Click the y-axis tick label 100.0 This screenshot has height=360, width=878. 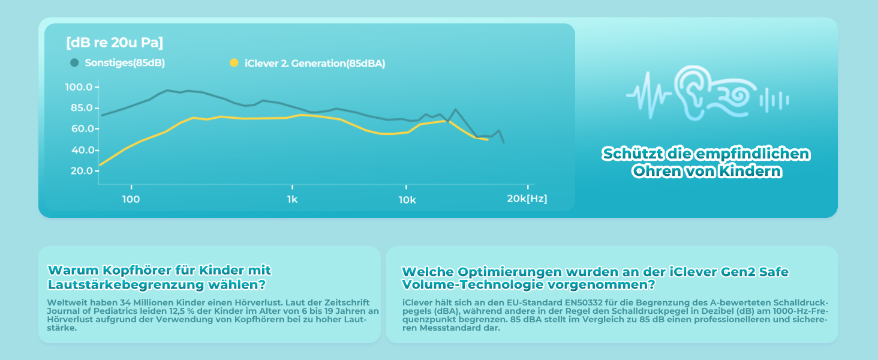tap(79, 88)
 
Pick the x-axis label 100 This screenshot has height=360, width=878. tap(131, 199)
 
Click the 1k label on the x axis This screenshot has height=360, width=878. tap(292, 199)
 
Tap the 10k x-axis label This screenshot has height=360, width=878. tap(407, 199)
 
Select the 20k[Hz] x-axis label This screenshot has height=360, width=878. tap(527, 199)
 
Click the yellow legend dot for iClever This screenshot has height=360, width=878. tap(234, 63)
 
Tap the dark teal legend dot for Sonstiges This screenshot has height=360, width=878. tap(74, 62)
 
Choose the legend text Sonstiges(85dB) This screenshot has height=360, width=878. tap(125, 63)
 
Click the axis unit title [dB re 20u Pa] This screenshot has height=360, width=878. tap(114, 43)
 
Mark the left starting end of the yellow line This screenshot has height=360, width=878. tap(100, 165)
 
